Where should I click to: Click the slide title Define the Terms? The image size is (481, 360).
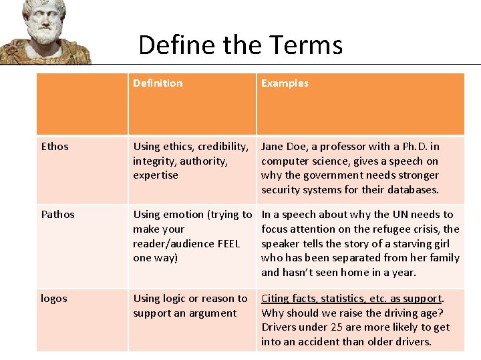pyautogui.click(x=240, y=45)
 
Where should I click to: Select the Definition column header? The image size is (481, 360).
pyautogui.click(x=158, y=83)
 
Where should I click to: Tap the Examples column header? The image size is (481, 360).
pyautogui.click(x=285, y=83)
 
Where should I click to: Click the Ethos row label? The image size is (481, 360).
pyautogui.click(x=55, y=147)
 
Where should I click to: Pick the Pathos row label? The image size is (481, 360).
pyautogui.click(x=58, y=215)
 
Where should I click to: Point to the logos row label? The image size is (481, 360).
pyautogui.click(x=54, y=299)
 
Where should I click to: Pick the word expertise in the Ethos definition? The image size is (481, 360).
pyautogui.click(x=156, y=175)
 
